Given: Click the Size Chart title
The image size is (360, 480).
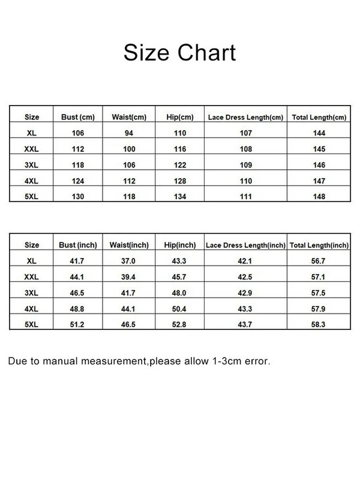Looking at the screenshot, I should pos(179,52).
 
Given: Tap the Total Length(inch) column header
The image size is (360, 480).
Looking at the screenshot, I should pos(319,245).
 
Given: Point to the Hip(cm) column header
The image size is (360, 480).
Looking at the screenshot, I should pos(179,116).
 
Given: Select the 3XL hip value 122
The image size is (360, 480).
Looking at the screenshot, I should pos(179,165).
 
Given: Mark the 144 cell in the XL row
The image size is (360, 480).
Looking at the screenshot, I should pos(319,133).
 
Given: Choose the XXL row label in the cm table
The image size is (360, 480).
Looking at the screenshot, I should pos(32,149).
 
